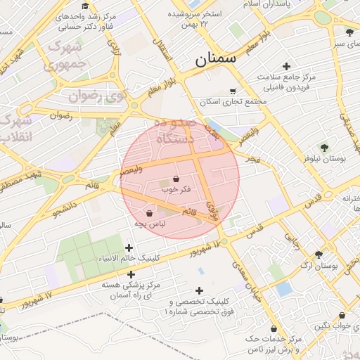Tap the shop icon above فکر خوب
click(175, 179)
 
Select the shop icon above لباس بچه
click(149, 213)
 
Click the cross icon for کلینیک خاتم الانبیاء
click(129, 247)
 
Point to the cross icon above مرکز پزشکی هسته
click(130, 274)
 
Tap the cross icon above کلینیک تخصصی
click(199, 290)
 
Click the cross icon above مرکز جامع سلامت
click(285, 65)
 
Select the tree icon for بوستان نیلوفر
click(324, 148)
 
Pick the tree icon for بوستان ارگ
click(319, 255)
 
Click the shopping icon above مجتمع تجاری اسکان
click(233, 91)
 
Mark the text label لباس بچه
click(150, 224)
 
